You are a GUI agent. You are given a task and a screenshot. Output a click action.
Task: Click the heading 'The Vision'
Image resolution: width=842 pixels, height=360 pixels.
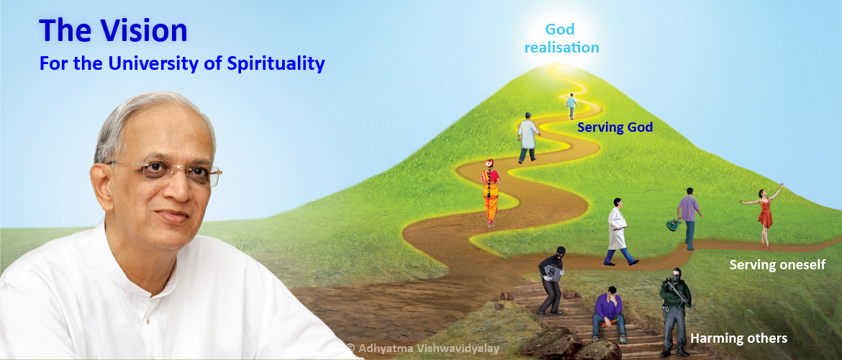[113, 31]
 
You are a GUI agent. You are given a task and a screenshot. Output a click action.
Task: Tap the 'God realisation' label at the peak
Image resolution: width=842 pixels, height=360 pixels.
[561, 38]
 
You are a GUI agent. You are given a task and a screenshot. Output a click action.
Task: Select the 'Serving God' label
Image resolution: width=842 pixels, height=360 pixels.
[615, 128]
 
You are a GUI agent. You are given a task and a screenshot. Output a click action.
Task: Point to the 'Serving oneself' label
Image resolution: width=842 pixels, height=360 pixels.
[777, 265]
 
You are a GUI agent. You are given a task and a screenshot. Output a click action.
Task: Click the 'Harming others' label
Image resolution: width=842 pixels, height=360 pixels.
[738, 338]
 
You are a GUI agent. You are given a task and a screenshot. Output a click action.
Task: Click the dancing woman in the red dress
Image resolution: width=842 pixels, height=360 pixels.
[763, 215]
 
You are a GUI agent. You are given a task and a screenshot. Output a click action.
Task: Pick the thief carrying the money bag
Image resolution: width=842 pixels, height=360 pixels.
[551, 280]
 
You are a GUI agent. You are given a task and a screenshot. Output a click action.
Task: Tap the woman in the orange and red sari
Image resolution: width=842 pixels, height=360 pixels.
[490, 192]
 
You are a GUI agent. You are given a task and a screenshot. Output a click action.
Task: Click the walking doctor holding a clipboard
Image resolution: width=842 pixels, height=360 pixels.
[619, 232]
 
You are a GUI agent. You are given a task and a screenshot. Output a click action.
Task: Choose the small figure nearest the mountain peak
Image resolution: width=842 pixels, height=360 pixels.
[571, 106]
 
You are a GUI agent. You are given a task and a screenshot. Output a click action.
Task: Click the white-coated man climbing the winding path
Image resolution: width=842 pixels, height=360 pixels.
[528, 138]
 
